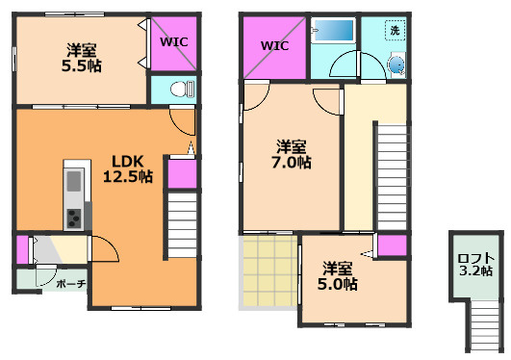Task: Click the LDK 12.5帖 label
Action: point(128,168)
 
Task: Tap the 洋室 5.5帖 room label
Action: point(82,58)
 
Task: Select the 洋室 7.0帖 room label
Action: point(292,154)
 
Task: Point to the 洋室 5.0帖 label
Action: point(338,276)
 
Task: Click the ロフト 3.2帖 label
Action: point(475,265)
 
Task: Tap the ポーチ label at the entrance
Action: point(71,284)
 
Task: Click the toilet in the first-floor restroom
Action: point(182,89)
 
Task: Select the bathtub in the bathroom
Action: point(333,30)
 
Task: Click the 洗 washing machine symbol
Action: point(395,31)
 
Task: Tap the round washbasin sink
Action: point(396,64)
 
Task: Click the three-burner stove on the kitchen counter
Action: point(74,219)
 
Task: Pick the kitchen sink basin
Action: point(74,181)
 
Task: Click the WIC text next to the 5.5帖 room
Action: point(174,42)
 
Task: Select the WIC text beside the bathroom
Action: point(274,45)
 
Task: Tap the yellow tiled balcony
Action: point(270,271)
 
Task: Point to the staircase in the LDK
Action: point(183,225)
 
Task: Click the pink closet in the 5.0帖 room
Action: point(392,245)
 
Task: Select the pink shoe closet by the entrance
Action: point(22,249)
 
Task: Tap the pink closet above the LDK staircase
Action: point(182,174)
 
